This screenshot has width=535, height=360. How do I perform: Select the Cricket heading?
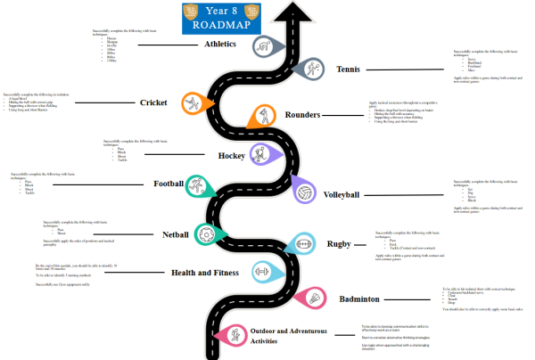tap(153, 102)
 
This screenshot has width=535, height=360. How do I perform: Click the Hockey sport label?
tap(232, 155)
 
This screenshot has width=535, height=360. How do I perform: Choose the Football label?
tap(169, 184)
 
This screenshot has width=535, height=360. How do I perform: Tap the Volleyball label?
tap(342, 194)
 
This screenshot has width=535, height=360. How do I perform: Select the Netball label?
tap(176, 235)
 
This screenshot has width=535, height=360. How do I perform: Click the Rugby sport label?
tap(340, 243)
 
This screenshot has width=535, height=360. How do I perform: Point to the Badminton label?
tap(360, 299)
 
